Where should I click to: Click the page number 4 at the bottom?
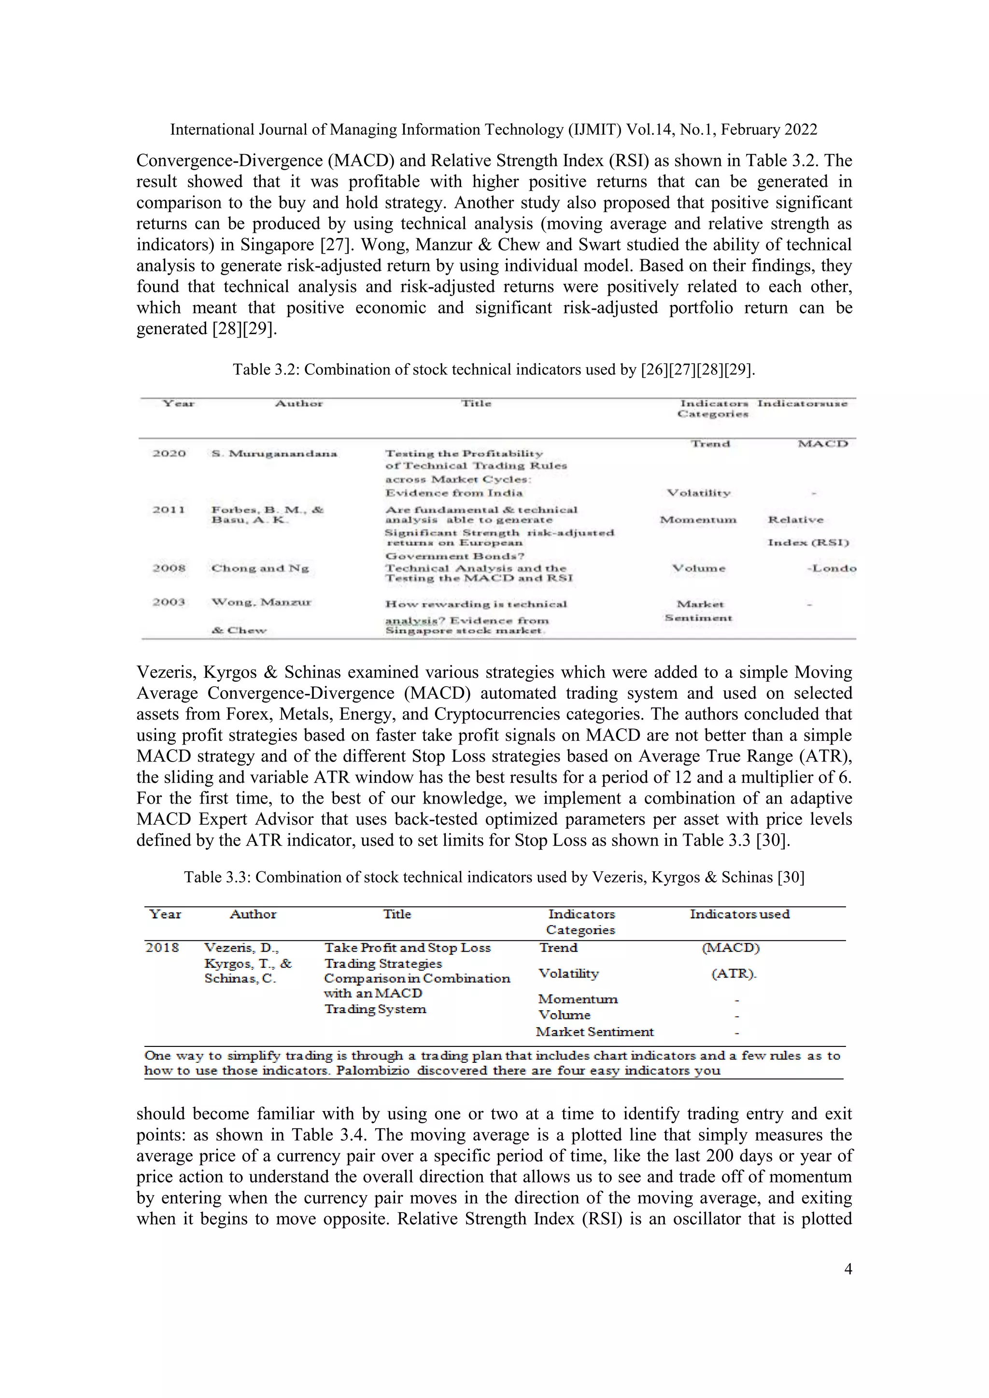(x=848, y=1269)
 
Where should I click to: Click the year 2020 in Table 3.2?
(x=170, y=453)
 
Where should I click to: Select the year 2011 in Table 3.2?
(x=169, y=509)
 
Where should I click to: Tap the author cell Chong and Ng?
(x=260, y=568)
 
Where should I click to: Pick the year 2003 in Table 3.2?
(x=169, y=602)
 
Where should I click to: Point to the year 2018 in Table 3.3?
(x=162, y=947)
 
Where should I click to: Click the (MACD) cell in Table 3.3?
(x=730, y=948)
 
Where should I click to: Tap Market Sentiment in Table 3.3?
(x=594, y=1031)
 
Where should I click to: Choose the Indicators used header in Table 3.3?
(x=739, y=914)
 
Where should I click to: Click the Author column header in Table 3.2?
(x=298, y=404)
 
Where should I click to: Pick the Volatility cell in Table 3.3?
(x=568, y=974)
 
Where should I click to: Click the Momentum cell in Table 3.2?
(x=698, y=520)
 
